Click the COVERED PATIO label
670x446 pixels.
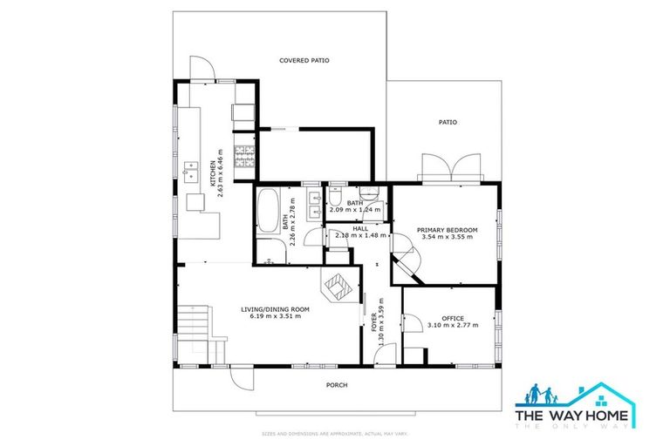[304, 60]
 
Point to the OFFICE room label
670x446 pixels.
[452, 318]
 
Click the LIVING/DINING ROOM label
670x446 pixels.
[276, 308]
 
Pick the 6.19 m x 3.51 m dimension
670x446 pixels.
[276, 316]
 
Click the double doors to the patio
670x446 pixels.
[450, 166]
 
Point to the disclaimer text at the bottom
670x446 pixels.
[335, 433]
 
